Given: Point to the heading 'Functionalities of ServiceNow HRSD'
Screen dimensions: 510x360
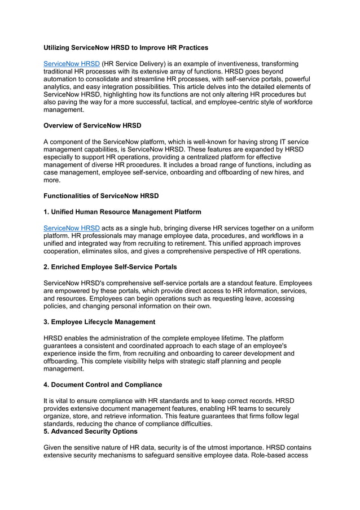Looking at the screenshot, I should click(x=102, y=195).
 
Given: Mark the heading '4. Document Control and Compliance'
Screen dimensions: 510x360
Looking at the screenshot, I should click(x=103, y=385).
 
